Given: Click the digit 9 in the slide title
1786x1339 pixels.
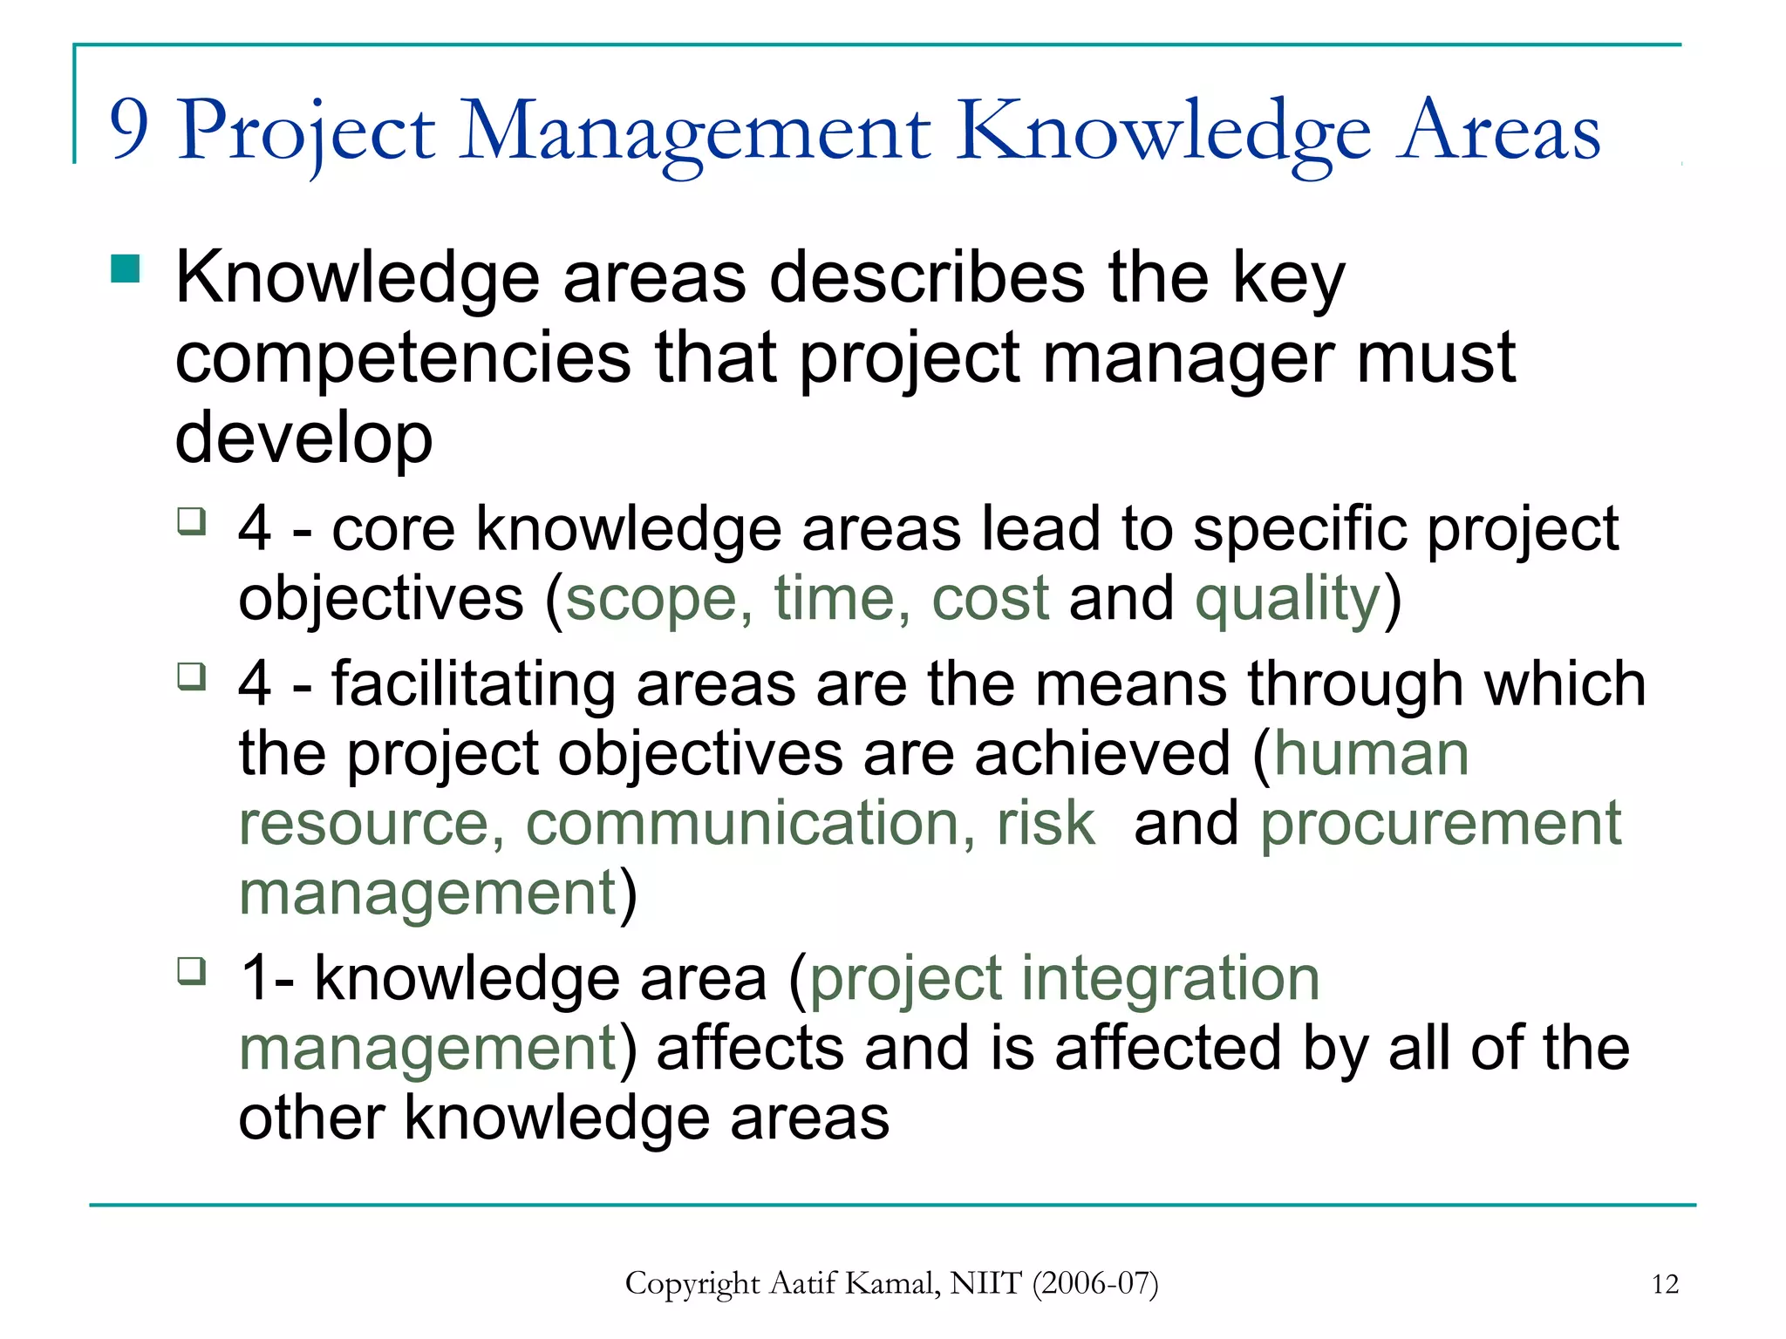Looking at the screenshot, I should (x=129, y=129).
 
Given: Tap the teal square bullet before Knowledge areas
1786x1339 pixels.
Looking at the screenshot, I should (x=126, y=269).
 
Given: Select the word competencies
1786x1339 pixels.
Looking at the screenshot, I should (x=403, y=359).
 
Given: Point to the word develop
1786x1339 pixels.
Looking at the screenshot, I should (x=303, y=438).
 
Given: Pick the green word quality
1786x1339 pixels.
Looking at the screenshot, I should (x=1287, y=600).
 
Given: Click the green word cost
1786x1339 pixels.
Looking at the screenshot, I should (x=990, y=600).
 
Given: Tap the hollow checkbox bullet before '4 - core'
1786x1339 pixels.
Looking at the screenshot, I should (x=191, y=521).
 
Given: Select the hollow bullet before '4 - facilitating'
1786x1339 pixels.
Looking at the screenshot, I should (x=191, y=676).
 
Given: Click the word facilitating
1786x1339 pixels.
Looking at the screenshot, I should (x=473, y=683).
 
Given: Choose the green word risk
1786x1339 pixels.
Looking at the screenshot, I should (x=1046, y=823).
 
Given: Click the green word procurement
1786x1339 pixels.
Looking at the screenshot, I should (x=1441, y=823).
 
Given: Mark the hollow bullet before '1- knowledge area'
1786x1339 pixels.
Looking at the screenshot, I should (x=191, y=970).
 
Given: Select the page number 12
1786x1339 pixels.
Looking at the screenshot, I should (x=1665, y=1284).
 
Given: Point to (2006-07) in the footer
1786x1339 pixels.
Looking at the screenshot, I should (x=1095, y=1283).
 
